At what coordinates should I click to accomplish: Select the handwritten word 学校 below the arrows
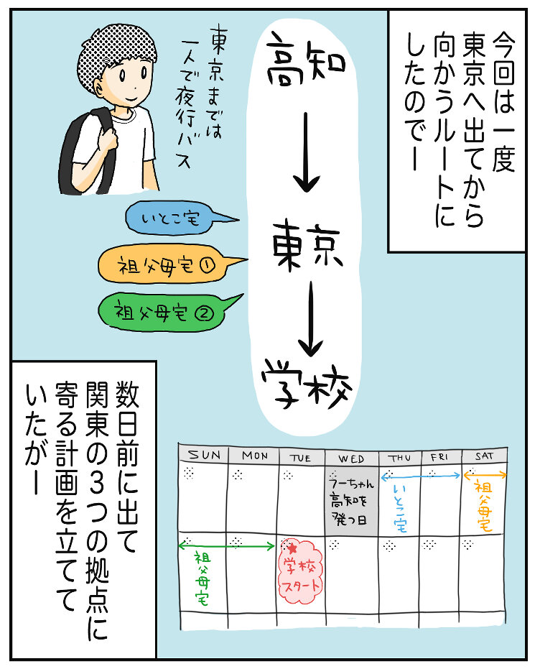[x=308, y=379]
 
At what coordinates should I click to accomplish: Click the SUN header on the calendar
[x=204, y=456]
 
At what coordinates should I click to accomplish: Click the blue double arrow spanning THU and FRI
[x=420, y=476]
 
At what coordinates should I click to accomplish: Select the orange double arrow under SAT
[x=485, y=475]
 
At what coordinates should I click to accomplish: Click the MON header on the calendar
[x=255, y=456]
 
